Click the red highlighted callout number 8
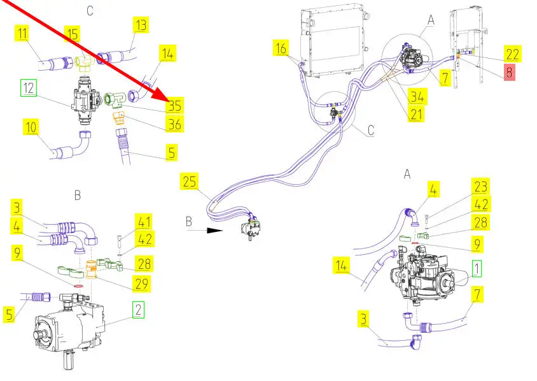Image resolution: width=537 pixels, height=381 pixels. tap(509, 72)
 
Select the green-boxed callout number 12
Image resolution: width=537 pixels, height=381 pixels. tap(29, 89)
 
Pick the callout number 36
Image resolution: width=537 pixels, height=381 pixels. tap(174, 124)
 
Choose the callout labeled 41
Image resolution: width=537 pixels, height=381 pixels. tap(145, 222)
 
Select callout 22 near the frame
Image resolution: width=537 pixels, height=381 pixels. tap(512, 54)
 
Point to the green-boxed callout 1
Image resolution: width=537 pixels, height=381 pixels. tap(476, 269)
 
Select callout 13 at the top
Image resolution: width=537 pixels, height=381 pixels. tap(141, 25)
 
